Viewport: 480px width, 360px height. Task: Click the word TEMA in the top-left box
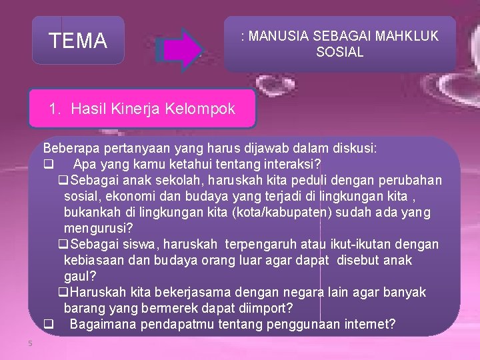[x=78, y=41]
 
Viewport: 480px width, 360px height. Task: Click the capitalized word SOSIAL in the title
[x=340, y=51]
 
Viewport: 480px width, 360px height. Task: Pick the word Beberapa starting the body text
[x=69, y=148]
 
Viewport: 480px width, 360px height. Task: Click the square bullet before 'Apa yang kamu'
[x=48, y=164]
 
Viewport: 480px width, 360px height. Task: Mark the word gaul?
[x=81, y=277]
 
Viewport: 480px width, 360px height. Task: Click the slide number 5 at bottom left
[x=30, y=343]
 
